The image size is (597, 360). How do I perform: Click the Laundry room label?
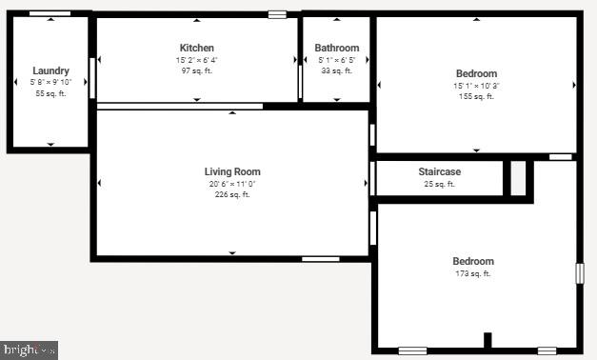pyautogui.click(x=50, y=70)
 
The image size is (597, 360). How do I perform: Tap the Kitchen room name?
pyautogui.click(x=197, y=48)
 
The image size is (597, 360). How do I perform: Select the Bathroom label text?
pyautogui.click(x=337, y=49)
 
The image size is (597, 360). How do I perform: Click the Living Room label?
pyautogui.click(x=232, y=172)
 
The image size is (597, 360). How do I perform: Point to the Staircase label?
pyautogui.click(x=440, y=171)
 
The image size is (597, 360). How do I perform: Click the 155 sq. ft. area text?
pyautogui.click(x=476, y=96)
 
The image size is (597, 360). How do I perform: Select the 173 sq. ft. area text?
pyautogui.click(x=473, y=274)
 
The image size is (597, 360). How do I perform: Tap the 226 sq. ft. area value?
pyautogui.click(x=232, y=195)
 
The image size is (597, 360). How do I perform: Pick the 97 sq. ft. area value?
pyautogui.click(x=197, y=71)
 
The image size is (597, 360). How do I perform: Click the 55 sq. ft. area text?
pyautogui.click(x=50, y=93)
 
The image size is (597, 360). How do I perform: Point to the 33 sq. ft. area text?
pyautogui.click(x=336, y=70)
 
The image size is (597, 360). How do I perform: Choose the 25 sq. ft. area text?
pyautogui.click(x=440, y=184)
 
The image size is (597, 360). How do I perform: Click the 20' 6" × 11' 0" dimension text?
pyautogui.click(x=232, y=184)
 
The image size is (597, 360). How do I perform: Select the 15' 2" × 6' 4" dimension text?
pyautogui.click(x=197, y=60)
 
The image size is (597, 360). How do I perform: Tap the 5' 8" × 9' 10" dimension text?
pyautogui.click(x=50, y=82)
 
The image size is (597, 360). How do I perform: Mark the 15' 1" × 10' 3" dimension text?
pyautogui.click(x=476, y=85)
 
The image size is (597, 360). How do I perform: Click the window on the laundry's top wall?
pyautogui.click(x=50, y=13)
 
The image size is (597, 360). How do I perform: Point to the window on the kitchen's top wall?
pyautogui.click(x=277, y=14)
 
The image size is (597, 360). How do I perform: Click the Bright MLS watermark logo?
pyautogui.click(x=29, y=350)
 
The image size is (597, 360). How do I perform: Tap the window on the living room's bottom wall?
pyautogui.click(x=320, y=258)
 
